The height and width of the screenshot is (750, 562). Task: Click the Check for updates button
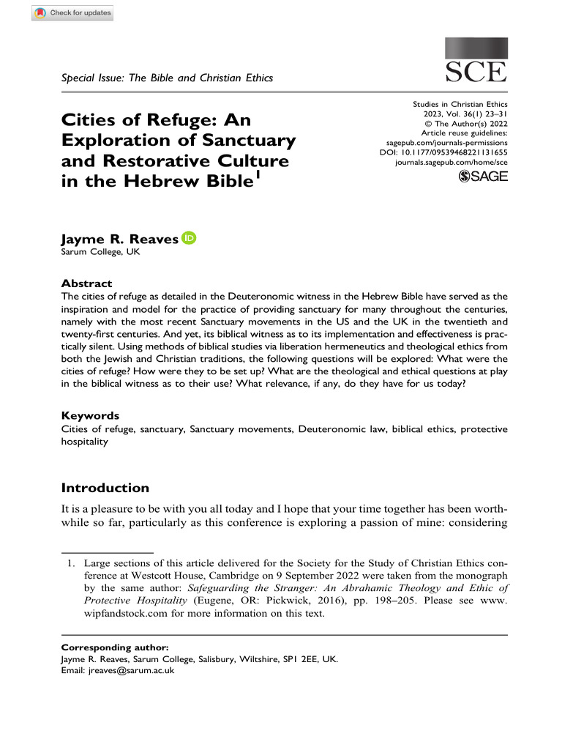click(72, 13)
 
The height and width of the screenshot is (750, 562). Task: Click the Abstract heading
click(86, 283)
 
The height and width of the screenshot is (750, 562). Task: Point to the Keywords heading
click(90, 415)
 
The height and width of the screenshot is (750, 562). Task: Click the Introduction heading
click(105, 488)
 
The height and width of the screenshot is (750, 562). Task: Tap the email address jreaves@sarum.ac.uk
click(129, 669)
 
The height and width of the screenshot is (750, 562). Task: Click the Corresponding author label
click(115, 647)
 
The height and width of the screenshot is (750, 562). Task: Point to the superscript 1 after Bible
click(256, 175)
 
